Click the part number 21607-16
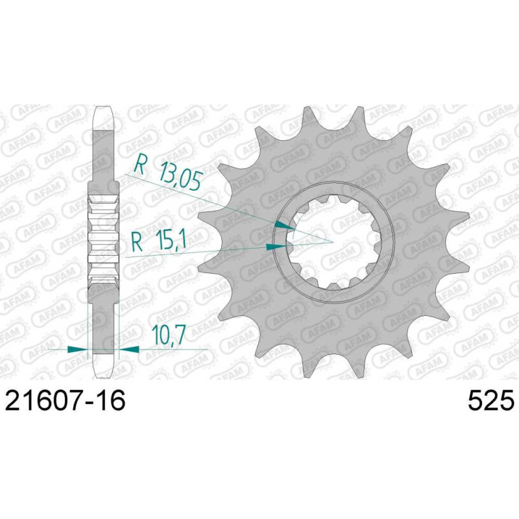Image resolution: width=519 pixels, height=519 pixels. (x=66, y=400)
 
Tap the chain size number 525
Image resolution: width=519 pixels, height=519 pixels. (x=491, y=400)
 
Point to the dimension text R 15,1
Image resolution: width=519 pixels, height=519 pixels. (x=159, y=241)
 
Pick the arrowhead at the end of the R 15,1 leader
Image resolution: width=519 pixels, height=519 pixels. (x=276, y=247)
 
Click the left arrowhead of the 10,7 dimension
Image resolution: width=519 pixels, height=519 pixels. (x=77, y=349)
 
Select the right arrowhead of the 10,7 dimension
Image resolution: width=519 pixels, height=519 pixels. (x=128, y=348)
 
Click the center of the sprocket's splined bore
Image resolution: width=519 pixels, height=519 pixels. (x=333, y=242)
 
